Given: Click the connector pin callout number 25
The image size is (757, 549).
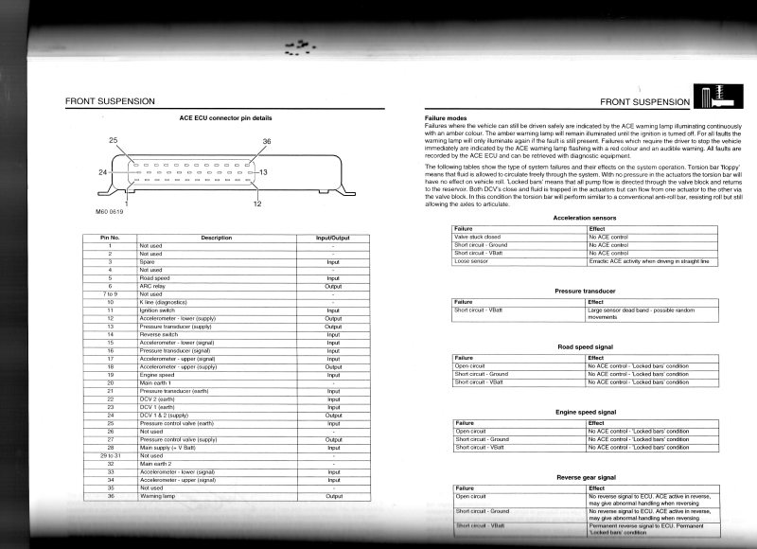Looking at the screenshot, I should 114,140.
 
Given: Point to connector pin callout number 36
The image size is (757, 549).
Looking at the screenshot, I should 266,141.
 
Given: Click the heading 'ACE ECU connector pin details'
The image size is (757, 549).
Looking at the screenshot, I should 224,117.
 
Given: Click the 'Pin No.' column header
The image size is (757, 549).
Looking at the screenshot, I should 110,237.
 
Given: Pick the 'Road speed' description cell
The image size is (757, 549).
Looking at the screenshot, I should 156,277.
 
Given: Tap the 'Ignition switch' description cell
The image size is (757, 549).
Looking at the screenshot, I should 159,310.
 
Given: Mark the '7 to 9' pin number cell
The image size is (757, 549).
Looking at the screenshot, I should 110,293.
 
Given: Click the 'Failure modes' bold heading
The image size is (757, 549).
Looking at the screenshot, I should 446,117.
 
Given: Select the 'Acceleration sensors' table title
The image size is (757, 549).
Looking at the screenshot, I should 585,218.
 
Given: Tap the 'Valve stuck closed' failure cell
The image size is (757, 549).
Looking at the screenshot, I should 478,237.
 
